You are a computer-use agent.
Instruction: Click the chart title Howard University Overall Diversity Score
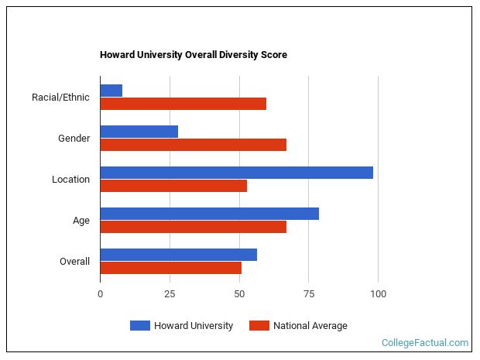(x=193, y=55)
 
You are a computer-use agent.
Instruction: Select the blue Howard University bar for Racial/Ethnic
(x=111, y=91)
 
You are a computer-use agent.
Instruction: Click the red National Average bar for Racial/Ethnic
(x=183, y=104)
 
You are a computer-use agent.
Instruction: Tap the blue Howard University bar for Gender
(x=139, y=132)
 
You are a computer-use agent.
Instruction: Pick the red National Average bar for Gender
(x=193, y=145)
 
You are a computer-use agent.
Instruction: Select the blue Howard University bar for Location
(x=236, y=173)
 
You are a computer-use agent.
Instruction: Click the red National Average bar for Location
(x=173, y=186)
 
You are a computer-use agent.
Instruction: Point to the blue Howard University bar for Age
(x=209, y=214)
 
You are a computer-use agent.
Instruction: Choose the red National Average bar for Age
(x=193, y=227)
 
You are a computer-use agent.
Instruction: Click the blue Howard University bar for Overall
(x=178, y=255)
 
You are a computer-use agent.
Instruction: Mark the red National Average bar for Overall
(x=170, y=268)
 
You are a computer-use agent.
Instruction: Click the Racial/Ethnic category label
(x=60, y=98)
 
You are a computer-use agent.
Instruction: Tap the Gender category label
(x=74, y=139)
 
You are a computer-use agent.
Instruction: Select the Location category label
(x=70, y=180)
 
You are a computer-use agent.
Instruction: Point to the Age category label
(x=81, y=221)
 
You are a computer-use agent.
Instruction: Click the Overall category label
(x=74, y=262)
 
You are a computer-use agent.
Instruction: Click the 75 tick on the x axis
(x=308, y=294)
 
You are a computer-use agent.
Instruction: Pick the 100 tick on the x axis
(x=378, y=294)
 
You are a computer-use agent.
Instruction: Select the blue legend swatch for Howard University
(x=139, y=326)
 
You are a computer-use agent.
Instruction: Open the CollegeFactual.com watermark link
(x=425, y=342)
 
